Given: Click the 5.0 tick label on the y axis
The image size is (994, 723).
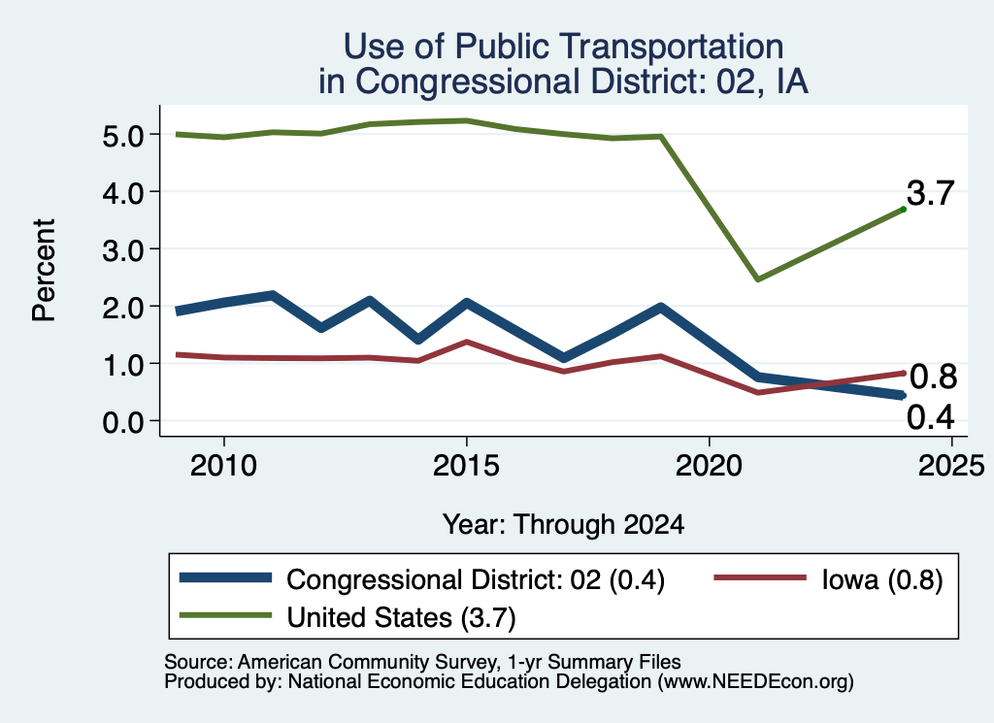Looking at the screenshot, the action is pyautogui.click(x=123, y=136).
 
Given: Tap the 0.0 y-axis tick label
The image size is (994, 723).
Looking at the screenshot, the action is pyautogui.click(x=123, y=422).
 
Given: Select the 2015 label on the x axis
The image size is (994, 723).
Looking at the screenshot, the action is pyautogui.click(x=466, y=467).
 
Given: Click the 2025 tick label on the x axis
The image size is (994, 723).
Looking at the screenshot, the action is pyautogui.click(x=951, y=467).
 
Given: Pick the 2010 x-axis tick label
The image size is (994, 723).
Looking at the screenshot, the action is pyautogui.click(x=223, y=467).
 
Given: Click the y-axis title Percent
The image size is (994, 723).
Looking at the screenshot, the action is pyautogui.click(x=45, y=271).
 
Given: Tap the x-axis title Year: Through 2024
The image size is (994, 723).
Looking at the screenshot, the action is pyautogui.click(x=564, y=525).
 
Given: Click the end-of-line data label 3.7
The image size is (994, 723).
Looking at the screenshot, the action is pyautogui.click(x=930, y=192).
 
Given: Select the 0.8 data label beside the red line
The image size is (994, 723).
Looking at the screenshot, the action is pyautogui.click(x=933, y=377).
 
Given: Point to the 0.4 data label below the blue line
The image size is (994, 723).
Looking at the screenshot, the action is pyautogui.click(x=931, y=417).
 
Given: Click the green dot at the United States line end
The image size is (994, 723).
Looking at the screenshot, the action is pyautogui.click(x=903, y=209).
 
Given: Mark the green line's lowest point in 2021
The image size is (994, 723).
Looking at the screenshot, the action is pyautogui.click(x=757, y=279).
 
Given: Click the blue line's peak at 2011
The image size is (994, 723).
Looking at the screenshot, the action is pyautogui.click(x=272, y=295).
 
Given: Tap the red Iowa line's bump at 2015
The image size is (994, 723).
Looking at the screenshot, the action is pyautogui.click(x=467, y=343).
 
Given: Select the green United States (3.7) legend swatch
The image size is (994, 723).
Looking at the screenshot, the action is pyautogui.click(x=225, y=615).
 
